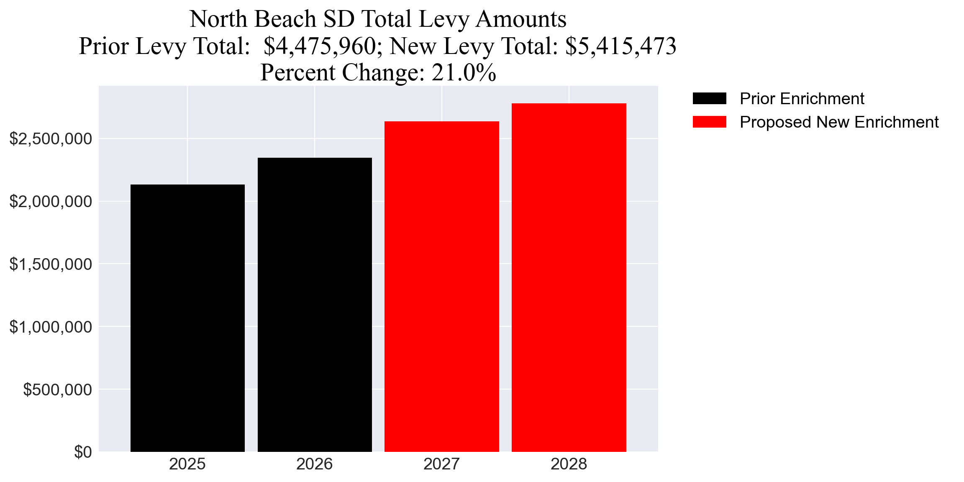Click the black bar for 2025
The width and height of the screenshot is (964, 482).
(x=187, y=318)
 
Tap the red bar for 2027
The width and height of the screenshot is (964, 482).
(x=442, y=287)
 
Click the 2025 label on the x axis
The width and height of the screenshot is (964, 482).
(x=187, y=464)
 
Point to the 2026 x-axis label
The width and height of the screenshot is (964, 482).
(x=315, y=464)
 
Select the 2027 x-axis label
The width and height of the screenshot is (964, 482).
(x=442, y=464)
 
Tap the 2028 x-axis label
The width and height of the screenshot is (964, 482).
(x=569, y=464)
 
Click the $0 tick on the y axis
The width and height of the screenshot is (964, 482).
(x=83, y=452)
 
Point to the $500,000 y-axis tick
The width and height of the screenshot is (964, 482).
(x=57, y=390)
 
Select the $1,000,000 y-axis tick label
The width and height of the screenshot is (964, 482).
(x=51, y=327)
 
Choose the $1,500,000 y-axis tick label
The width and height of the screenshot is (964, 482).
(x=51, y=264)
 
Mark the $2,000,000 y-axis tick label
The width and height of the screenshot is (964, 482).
(x=51, y=201)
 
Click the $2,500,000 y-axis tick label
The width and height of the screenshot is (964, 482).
(x=51, y=138)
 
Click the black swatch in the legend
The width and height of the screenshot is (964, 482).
(x=709, y=98)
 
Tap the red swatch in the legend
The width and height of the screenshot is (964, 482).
(x=709, y=122)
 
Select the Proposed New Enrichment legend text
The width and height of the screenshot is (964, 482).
(x=839, y=122)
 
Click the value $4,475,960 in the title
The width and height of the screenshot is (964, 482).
(x=320, y=46)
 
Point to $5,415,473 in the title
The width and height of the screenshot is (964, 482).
(x=620, y=46)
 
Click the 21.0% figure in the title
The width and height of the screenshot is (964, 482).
(x=464, y=72)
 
